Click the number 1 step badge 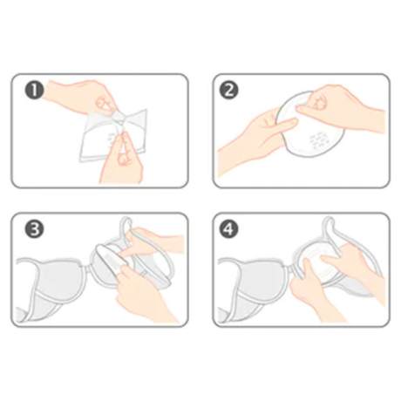tap(34, 90)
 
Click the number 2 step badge tap(229, 90)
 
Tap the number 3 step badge tap(34, 229)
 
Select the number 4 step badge tap(229, 229)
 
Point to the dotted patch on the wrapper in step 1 tap(111, 140)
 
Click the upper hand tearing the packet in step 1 tap(85, 98)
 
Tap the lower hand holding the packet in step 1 tap(122, 159)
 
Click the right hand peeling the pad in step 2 tap(340, 107)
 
